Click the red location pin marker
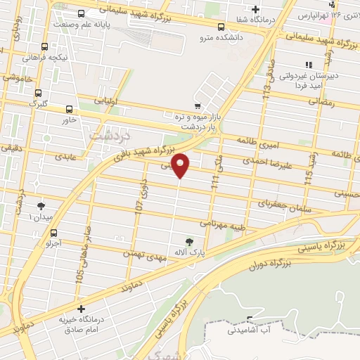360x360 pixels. coord(181,165)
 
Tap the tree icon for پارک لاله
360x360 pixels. coord(188,242)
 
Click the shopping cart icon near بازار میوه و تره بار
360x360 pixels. coord(198,105)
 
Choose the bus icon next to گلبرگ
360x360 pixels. coord(38,93)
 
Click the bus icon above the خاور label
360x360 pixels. coord(69,109)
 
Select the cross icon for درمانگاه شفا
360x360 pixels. coord(255,10)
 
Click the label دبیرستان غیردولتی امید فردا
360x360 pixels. coord(309,79)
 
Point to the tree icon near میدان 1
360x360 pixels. coord(40,206)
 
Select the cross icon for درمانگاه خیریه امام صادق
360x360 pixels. coord(82,309)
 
